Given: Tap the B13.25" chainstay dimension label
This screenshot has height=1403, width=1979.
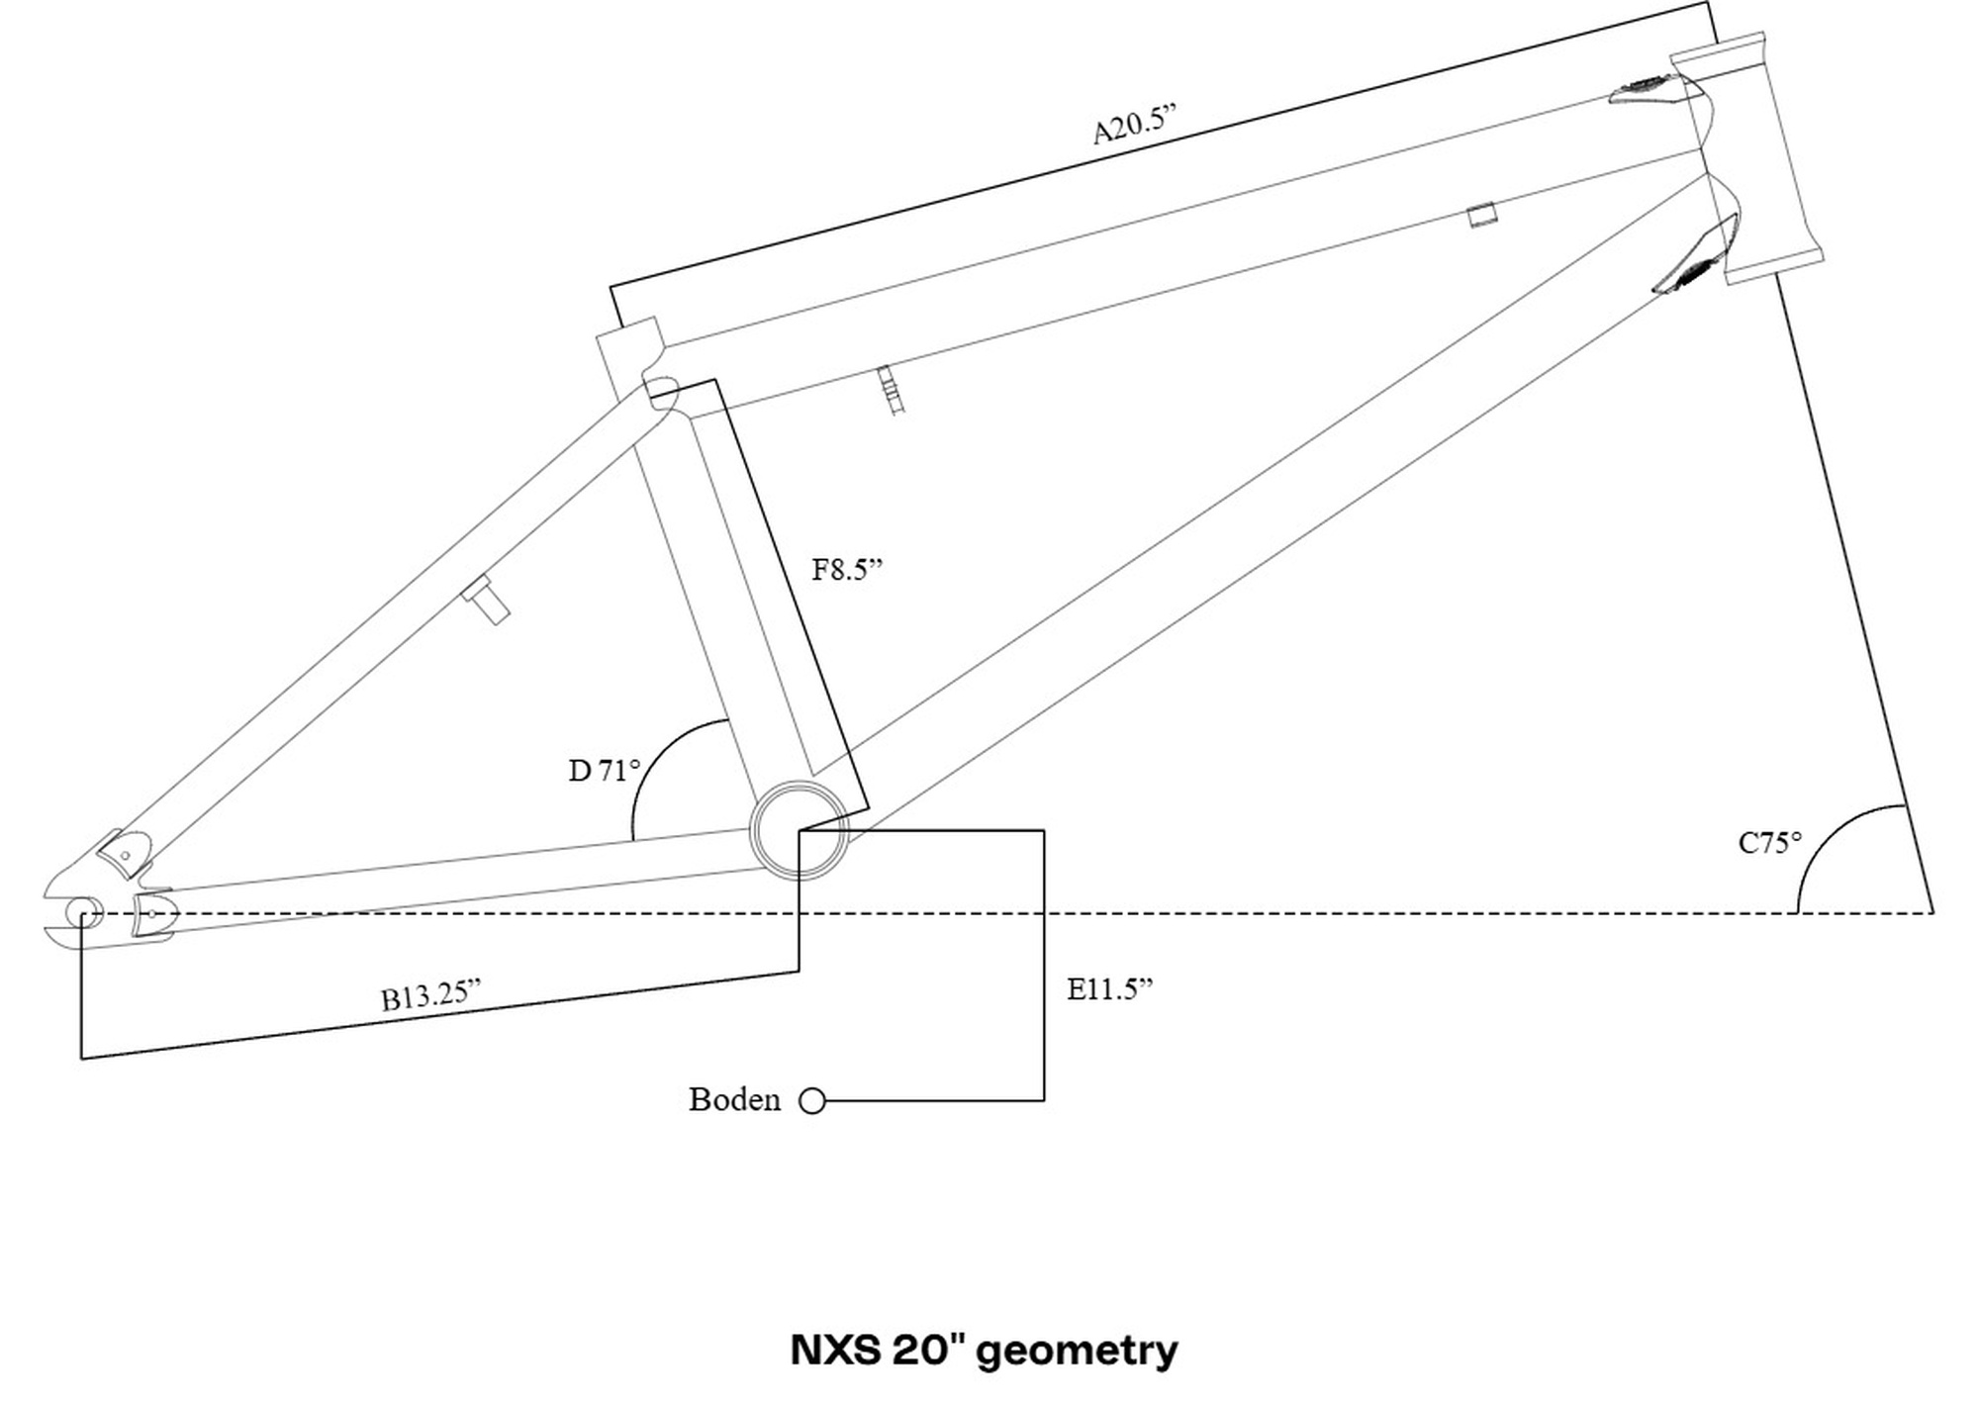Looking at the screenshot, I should pyautogui.click(x=431, y=994).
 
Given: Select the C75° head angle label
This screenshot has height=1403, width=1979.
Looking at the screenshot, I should pyautogui.click(x=1770, y=843).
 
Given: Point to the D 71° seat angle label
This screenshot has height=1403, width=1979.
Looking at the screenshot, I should pyautogui.click(x=605, y=770).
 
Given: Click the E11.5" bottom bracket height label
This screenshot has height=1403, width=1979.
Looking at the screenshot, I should pyautogui.click(x=1110, y=988).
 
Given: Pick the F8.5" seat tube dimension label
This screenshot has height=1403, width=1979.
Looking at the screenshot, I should pyautogui.click(x=847, y=569).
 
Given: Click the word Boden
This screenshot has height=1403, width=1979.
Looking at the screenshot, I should pyautogui.click(x=734, y=1099).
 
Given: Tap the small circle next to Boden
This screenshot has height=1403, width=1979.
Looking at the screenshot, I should pyautogui.click(x=812, y=1101).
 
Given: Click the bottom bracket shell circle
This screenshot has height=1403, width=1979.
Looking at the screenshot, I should pyautogui.click(x=799, y=829).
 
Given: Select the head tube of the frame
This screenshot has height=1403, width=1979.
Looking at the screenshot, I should pyautogui.click(x=1745, y=158).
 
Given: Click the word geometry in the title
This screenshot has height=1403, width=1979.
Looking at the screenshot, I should pyautogui.click(x=1078, y=1351).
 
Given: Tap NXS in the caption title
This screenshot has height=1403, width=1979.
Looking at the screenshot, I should pyautogui.click(x=835, y=1351).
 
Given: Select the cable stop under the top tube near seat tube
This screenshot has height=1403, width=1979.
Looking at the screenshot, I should pyautogui.click(x=892, y=389).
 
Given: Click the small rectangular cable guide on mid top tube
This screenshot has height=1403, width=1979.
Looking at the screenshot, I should pyautogui.click(x=1480, y=215).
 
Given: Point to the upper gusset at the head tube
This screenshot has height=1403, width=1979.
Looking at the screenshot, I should pyautogui.click(x=1645, y=90).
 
